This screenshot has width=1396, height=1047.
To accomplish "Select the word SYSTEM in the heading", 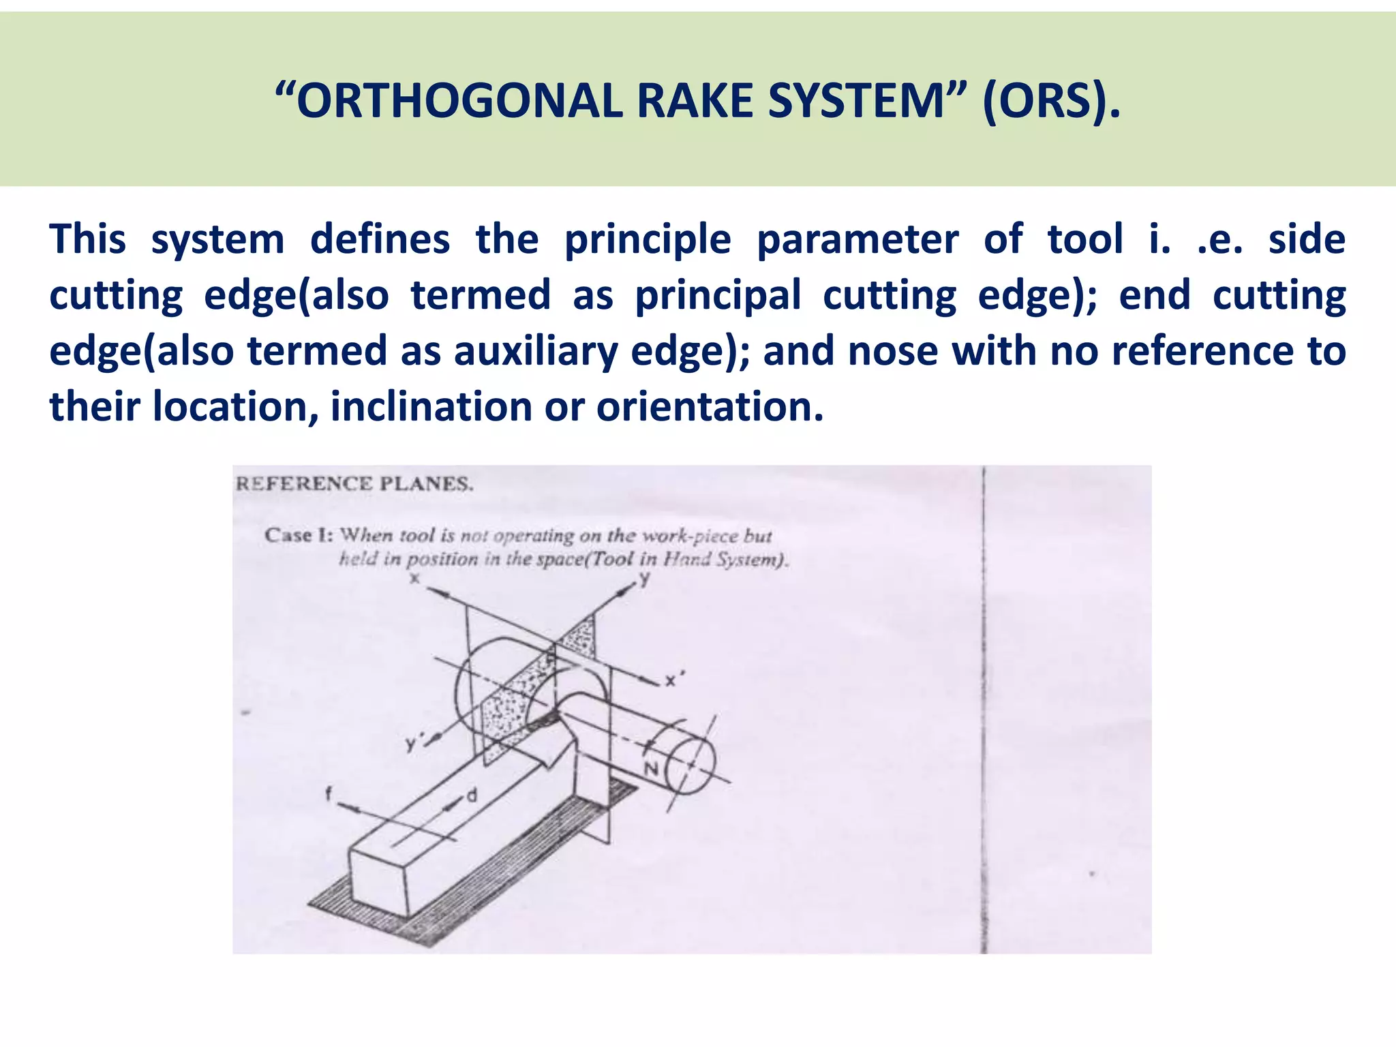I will (854, 102).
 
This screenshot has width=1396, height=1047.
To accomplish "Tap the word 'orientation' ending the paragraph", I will (710, 407).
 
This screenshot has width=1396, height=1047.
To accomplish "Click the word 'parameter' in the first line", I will (858, 239).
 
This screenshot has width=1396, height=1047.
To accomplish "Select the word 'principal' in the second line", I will (718, 295).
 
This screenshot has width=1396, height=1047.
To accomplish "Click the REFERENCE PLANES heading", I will (354, 484).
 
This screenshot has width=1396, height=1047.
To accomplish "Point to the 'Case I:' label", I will (299, 535).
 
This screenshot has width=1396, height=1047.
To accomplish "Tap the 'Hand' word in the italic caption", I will (682, 560).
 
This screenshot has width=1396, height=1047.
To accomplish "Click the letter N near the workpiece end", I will (652, 769).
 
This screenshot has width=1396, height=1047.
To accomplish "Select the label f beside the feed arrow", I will (329, 793).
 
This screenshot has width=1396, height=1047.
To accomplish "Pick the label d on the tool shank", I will (472, 795).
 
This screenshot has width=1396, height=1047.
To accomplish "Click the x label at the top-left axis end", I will (414, 579).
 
